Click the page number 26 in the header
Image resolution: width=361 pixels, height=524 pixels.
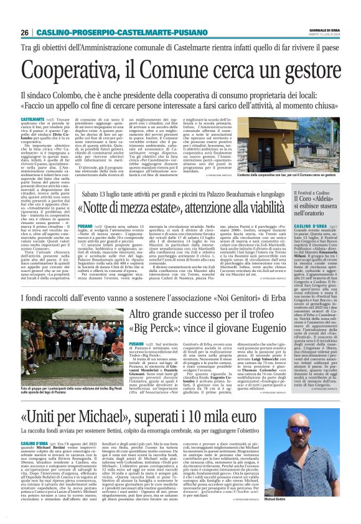[x=24, y=32]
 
